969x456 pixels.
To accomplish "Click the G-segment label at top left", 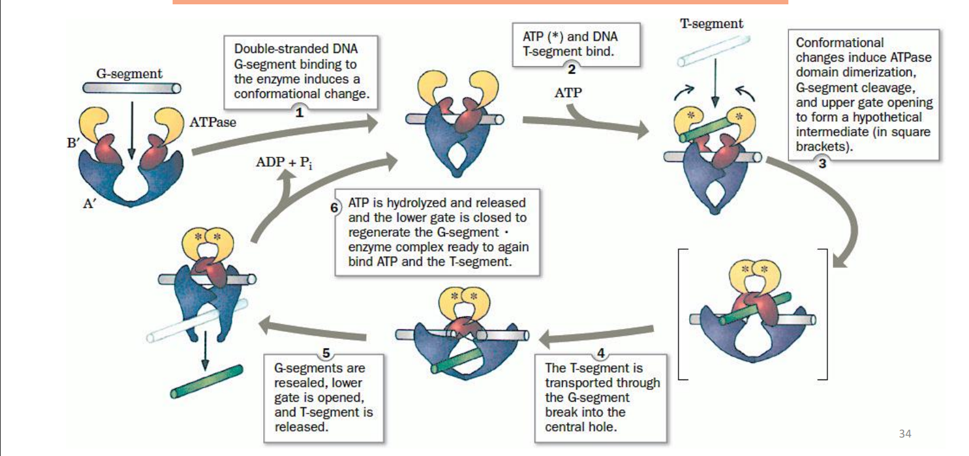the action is pos(129,73).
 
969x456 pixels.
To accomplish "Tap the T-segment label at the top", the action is pos(711,23).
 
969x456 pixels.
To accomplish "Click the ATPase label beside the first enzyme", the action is pos(213,122).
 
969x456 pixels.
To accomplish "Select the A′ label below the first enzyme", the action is pos(89,204).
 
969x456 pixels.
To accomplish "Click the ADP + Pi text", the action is pos(284,162).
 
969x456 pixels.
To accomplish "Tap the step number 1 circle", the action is pos(300,112).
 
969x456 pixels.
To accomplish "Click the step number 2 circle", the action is pos(571,69).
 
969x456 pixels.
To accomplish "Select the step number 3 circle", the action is pos(822,163).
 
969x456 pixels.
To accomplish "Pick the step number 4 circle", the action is pos(601,354).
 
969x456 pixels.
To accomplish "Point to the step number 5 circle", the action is pos(326,354).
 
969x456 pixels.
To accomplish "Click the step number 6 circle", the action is pos(334,207).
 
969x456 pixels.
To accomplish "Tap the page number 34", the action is pos(905,433).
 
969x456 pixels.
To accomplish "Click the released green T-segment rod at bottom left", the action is pos(206,381).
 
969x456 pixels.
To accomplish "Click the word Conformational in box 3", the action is pos(840,43).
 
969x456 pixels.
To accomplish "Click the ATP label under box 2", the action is pos(568,93).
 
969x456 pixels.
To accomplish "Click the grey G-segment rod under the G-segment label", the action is pos(131,88).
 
